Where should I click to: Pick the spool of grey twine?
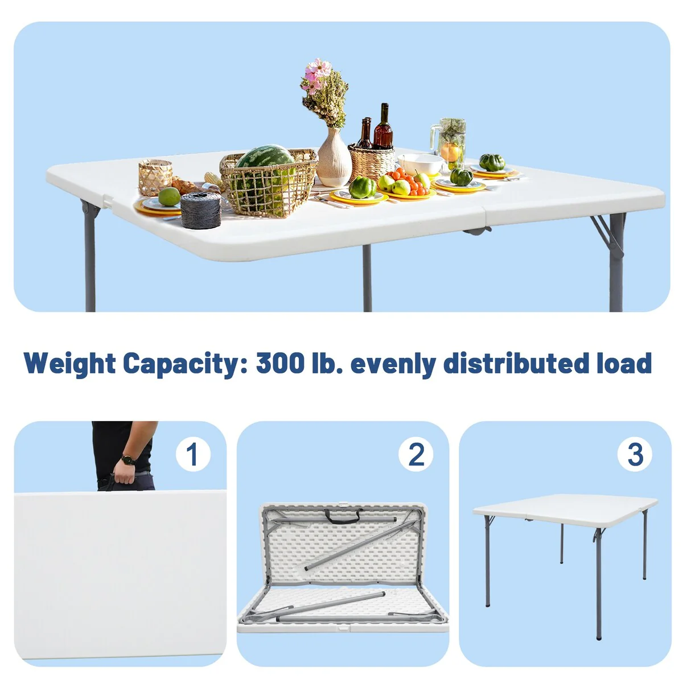[200, 210]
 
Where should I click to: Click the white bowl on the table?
[421, 164]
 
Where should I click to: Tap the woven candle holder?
[155, 177]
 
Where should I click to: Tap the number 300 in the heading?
[280, 363]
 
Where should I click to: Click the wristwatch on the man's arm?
[128, 460]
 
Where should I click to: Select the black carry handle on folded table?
[343, 517]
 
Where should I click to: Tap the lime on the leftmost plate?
[170, 197]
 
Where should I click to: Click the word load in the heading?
[624, 363]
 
